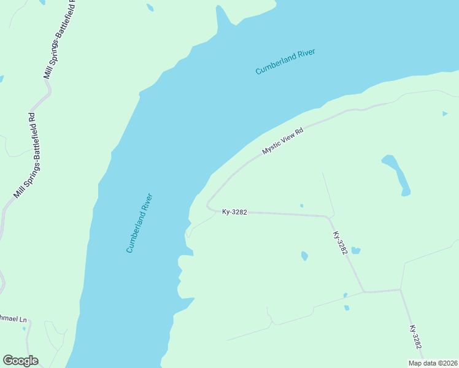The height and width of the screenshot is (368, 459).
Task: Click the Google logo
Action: coord(20,361)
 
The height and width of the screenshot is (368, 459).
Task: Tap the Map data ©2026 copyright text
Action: coord(433,363)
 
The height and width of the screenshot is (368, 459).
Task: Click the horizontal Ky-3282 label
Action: coord(234,212)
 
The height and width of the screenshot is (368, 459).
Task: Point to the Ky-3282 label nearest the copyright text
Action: coord(415,338)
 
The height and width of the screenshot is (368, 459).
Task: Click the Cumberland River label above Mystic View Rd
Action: coord(285,62)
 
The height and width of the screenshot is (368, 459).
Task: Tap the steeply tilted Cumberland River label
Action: coord(139,223)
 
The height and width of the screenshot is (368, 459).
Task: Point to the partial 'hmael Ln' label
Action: coord(13,320)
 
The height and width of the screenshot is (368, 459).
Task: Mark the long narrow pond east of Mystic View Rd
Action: coord(398,174)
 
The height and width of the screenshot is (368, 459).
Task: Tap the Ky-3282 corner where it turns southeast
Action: coord(330,217)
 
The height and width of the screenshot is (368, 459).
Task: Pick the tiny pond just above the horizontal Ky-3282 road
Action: coord(301,205)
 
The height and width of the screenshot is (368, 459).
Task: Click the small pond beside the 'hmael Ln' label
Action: coord(25,329)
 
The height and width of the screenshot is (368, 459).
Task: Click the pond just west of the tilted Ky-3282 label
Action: coord(304,256)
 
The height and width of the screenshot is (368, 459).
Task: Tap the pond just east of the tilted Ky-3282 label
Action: coord(355,250)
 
